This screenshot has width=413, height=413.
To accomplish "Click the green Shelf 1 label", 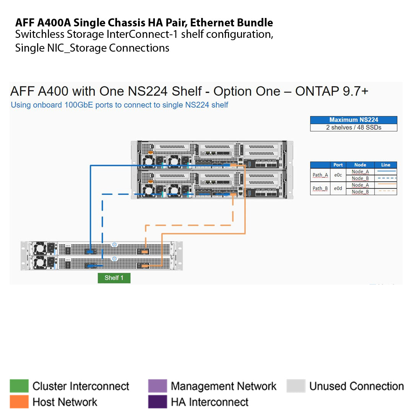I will (114, 278).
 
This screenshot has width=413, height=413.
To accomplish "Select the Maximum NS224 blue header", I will (353, 120).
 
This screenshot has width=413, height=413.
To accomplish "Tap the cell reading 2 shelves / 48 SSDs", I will (353, 128).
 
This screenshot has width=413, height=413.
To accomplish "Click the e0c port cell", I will (338, 175).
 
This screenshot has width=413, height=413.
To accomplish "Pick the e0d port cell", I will (338, 188).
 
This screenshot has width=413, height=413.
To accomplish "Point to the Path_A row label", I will (320, 175).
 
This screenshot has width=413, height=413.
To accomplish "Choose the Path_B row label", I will (320, 188).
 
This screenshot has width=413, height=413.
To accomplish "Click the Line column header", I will (385, 165).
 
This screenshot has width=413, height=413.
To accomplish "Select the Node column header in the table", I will (360, 165).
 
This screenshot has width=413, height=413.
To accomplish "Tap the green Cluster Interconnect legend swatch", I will (19, 386).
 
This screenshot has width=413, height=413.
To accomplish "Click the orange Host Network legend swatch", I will (19, 402).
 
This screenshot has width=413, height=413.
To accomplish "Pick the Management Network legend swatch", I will (157, 386).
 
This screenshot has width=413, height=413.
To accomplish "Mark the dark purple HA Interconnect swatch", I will (157, 402).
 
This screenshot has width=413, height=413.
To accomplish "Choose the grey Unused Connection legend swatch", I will (296, 386).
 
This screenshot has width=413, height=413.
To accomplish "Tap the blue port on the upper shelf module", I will (91, 251).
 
